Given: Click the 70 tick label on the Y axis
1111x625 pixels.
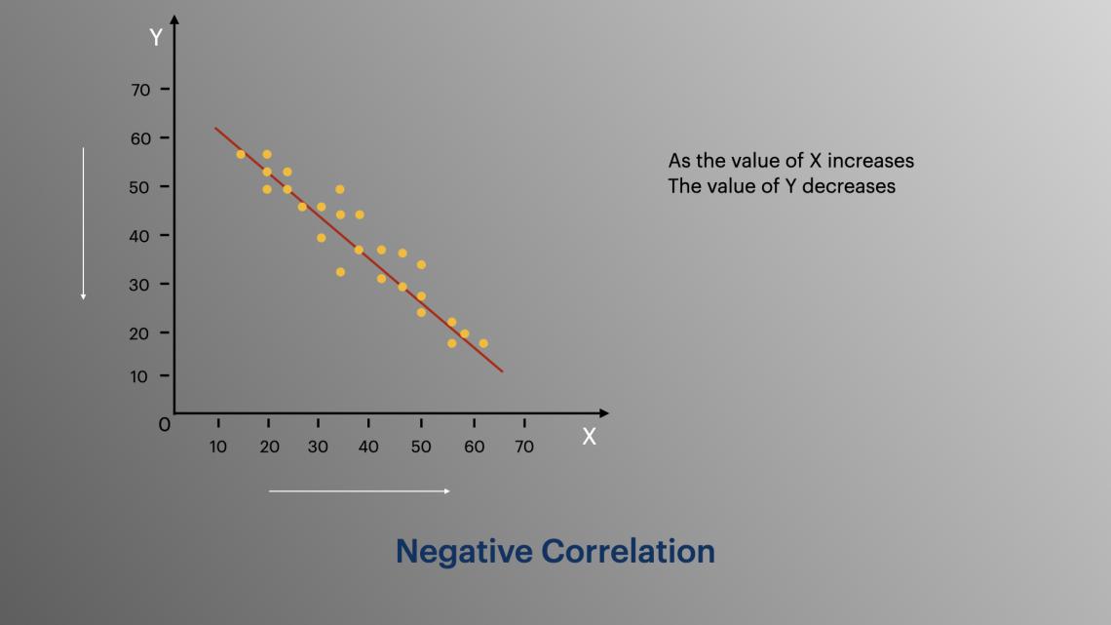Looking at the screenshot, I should (x=140, y=90).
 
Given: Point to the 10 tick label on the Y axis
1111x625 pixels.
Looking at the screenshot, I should (x=140, y=376).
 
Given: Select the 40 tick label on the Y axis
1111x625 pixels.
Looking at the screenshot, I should (x=140, y=235).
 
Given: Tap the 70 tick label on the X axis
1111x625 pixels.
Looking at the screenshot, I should (x=524, y=447).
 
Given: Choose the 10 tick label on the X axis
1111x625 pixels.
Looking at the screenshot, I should (x=218, y=447).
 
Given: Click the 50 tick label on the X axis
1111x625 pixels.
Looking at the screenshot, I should (x=421, y=447).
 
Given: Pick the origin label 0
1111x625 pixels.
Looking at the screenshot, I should (x=165, y=425).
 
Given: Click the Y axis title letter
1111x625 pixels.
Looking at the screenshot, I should (x=156, y=38).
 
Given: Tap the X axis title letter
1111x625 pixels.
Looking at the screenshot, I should (x=589, y=437).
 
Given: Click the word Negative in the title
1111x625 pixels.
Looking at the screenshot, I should (x=464, y=551).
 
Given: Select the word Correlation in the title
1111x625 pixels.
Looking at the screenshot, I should (x=629, y=551).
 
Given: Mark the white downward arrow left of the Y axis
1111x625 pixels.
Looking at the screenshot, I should (x=84, y=224).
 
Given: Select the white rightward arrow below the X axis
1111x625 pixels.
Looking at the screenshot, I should (x=360, y=490).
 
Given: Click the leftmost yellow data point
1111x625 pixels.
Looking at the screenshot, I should (x=241, y=154).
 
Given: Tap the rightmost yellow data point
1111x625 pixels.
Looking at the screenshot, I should (x=483, y=343).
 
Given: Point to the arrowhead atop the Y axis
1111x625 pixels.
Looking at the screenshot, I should (x=174, y=20).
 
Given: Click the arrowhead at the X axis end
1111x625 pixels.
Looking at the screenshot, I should (x=603, y=413).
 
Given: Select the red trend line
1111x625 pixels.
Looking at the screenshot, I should (x=359, y=250).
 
